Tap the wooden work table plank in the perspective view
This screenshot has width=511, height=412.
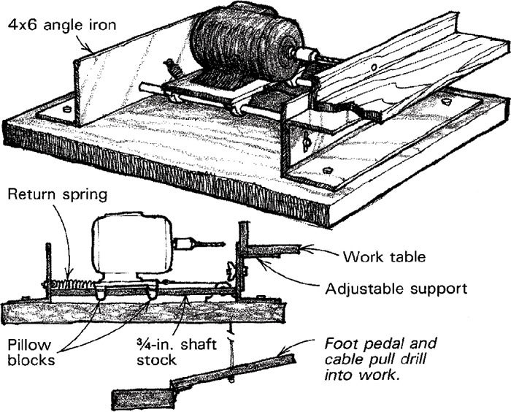click(x=409, y=80)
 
